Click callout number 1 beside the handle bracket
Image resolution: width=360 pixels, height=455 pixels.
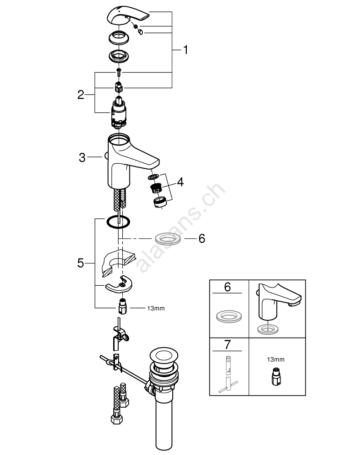185,50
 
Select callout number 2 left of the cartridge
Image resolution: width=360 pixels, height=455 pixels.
80,95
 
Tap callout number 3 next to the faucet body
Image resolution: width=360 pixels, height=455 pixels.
82,157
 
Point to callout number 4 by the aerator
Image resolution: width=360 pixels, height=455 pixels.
180,182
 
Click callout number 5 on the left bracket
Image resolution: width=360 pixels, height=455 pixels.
80,263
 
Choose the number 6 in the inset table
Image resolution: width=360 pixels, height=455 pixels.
227,287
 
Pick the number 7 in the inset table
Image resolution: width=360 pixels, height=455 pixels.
227,345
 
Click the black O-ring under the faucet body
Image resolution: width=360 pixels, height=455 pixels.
118,222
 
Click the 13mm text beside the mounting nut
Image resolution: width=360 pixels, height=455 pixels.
155,308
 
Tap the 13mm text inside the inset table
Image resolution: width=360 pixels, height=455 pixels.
276,359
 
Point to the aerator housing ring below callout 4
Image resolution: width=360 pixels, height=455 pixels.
159,201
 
